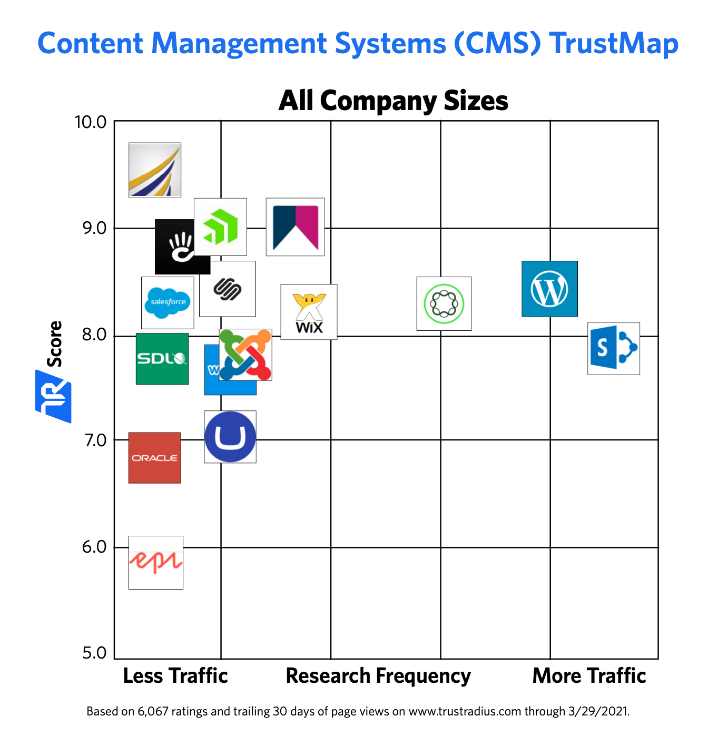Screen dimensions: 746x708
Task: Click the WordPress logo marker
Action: pyautogui.click(x=549, y=289)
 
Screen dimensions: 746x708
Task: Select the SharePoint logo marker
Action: pyautogui.click(x=614, y=348)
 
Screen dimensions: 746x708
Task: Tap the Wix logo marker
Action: pyautogui.click(x=309, y=312)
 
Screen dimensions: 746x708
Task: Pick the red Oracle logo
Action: pyautogui.click(x=155, y=458)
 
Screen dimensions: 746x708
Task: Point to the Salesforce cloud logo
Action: pyautogui.click(x=168, y=302)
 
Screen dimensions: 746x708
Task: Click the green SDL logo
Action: pyautogui.click(x=162, y=359)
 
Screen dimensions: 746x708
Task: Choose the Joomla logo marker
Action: pyautogui.click(x=245, y=355)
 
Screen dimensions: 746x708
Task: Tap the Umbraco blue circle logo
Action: pyautogui.click(x=230, y=437)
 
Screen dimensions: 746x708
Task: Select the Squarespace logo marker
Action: pyautogui.click(x=228, y=289)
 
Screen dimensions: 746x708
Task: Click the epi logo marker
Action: pyautogui.click(x=156, y=562)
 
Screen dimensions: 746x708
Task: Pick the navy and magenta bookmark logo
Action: pyautogui.click(x=296, y=227)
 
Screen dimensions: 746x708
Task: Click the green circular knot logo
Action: pyautogui.click(x=444, y=303)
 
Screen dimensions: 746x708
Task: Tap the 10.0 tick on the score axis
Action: pyautogui.click(x=91, y=122)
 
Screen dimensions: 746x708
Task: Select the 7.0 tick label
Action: pyautogui.click(x=95, y=440)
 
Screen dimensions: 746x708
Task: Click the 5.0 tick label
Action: pyautogui.click(x=95, y=653)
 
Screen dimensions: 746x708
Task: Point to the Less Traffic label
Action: pyautogui.click(x=175, y=676)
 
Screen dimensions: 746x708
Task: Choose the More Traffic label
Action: pyautogui.click(x=589, y=676)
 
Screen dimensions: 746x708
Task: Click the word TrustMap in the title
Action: pyautogui.click(x=614, y=44)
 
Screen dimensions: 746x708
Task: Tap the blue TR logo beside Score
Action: pyautogui.click(x=54, y=396)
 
